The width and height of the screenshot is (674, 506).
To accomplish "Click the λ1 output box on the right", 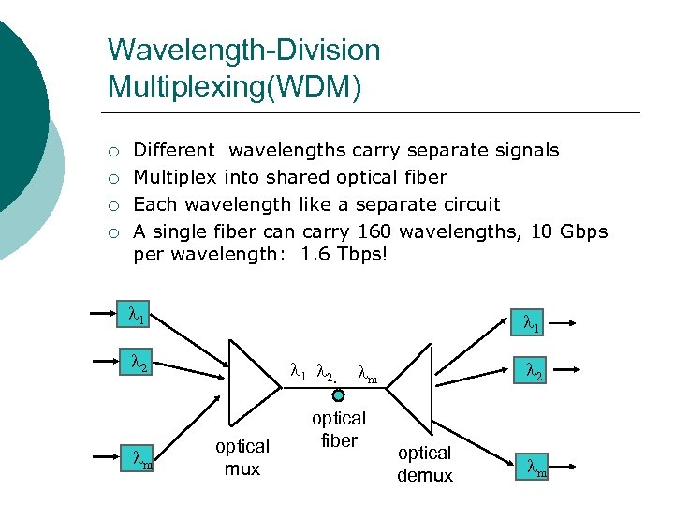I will pos(531,324).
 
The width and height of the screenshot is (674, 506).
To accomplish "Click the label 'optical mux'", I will pos(242,457).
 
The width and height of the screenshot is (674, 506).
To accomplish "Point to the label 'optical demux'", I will pos(425,464).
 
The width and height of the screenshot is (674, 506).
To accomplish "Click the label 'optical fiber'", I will pos(339,429).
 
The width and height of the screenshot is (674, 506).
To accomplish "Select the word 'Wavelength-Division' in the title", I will pos(244,50).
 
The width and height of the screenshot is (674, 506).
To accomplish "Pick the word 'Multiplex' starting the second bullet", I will pos(175,177).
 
